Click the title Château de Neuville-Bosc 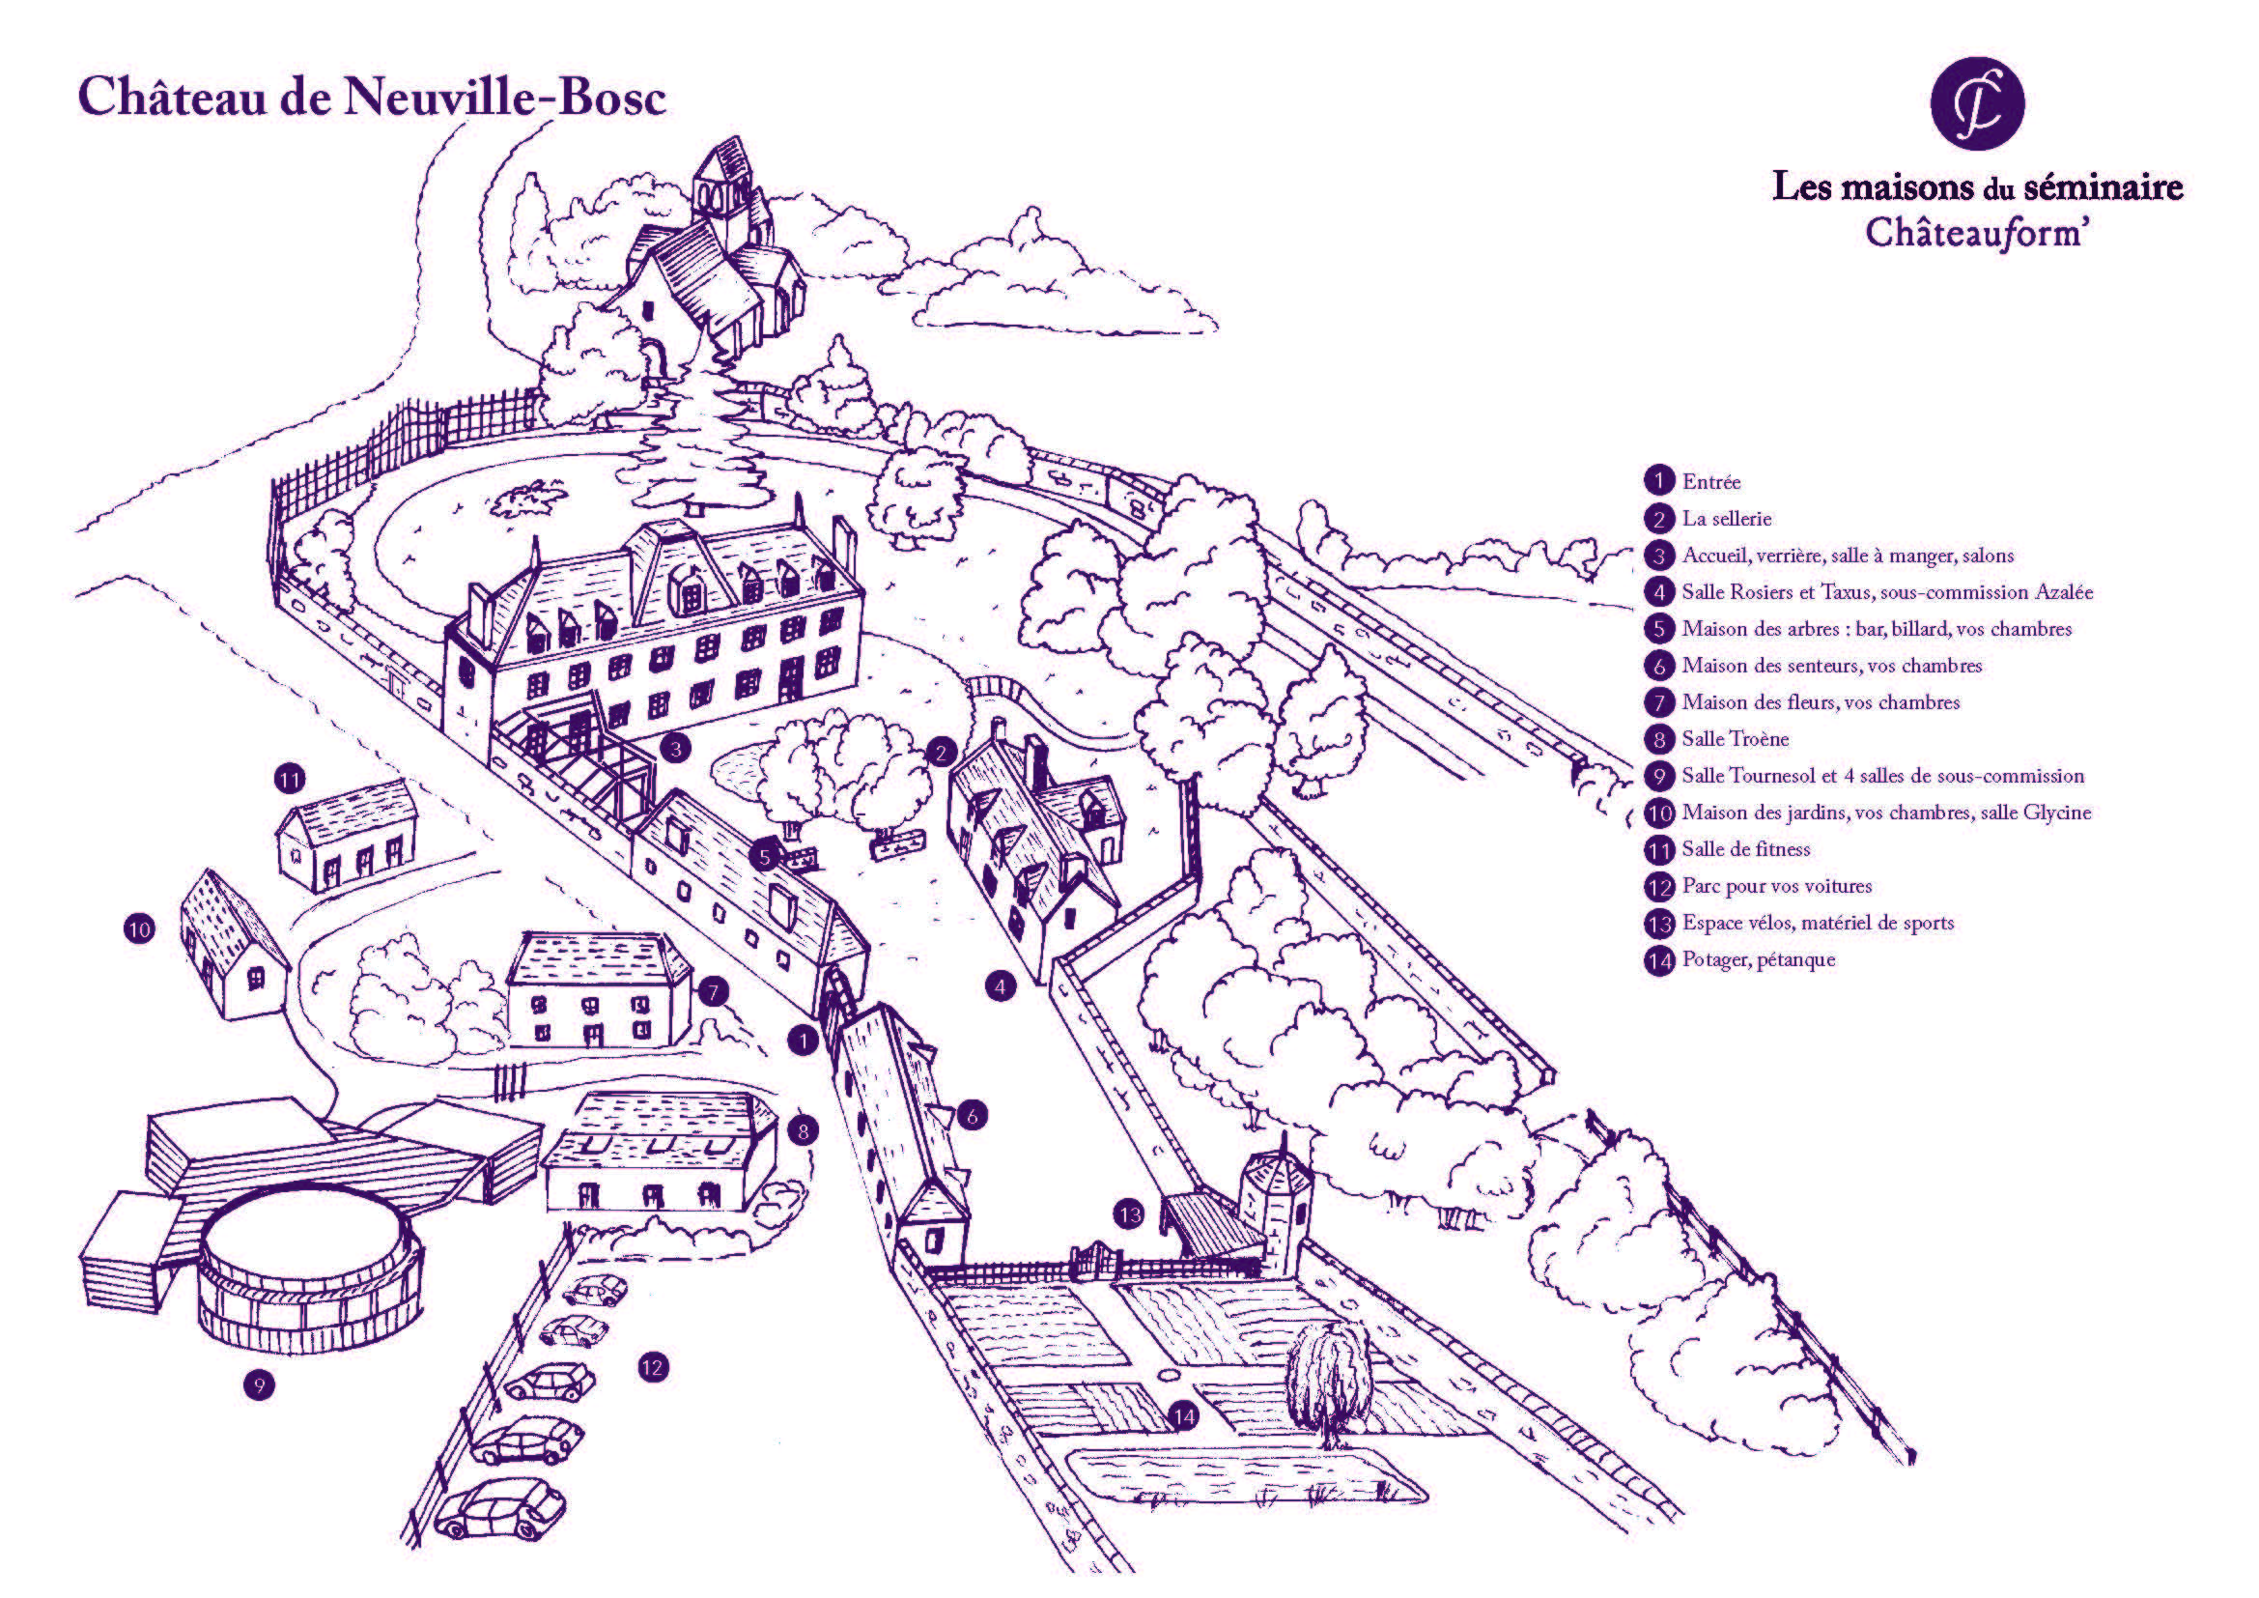(372, 98)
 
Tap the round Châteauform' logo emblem (1977, 103)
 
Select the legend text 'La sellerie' (1727, 519)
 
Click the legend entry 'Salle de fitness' (1745, 849)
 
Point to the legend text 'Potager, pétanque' (1758, 959)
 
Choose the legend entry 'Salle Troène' (1735, 739)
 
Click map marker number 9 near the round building (259, 1385)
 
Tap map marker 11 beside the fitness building (290, 780)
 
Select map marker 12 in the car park (652, 1367)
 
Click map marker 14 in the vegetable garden (1184, 1417)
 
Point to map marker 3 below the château (675, 749)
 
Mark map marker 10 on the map (139, 927)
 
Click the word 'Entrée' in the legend (1711, 482)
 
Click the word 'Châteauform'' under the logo (1975, 233)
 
